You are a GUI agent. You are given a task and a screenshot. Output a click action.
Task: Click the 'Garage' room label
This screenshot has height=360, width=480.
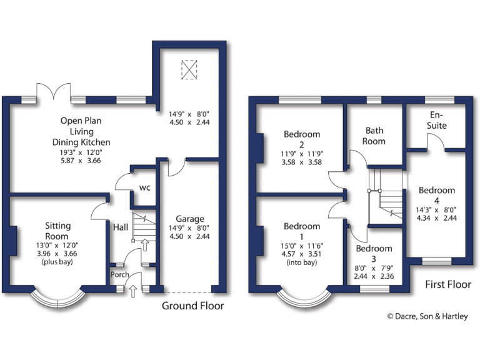click(x=189, y=219)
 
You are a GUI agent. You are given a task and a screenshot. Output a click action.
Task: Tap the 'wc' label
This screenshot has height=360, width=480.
click(x=144, y=187)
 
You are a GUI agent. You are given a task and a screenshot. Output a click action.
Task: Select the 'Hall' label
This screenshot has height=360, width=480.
click(x=121, y=227)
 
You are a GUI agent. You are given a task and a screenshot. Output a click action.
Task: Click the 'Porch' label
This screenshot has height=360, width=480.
click(x=119, y=274)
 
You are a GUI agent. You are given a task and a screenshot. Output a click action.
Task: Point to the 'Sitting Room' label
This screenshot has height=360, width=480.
click(x=57, y=231)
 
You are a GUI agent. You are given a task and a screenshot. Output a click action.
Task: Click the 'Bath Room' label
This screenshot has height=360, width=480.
click(x=375, y=136)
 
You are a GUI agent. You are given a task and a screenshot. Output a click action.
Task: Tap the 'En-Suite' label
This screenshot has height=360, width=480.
click(x=437, y=121)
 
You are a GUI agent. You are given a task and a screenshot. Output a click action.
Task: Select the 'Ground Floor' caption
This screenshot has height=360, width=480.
click(x=192, y=306)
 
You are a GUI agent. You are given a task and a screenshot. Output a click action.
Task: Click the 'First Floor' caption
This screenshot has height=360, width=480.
click(x=447, y=284)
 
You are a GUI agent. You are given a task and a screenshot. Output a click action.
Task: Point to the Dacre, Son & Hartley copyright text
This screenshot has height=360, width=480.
click(x=427, y=316)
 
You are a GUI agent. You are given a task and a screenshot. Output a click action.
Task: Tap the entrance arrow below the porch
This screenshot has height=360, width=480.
click(x=132, y=289)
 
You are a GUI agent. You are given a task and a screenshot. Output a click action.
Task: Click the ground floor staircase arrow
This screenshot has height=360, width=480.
click(x=144, y=244)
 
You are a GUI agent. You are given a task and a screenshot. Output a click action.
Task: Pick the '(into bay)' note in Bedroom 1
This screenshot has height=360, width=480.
click(x=302, y=263)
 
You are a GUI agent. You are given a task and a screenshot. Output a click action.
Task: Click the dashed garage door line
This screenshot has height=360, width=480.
click(x=189, y=292)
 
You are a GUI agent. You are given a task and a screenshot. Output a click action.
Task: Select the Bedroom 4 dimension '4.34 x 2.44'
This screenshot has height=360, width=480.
click(x=437, y=218)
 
